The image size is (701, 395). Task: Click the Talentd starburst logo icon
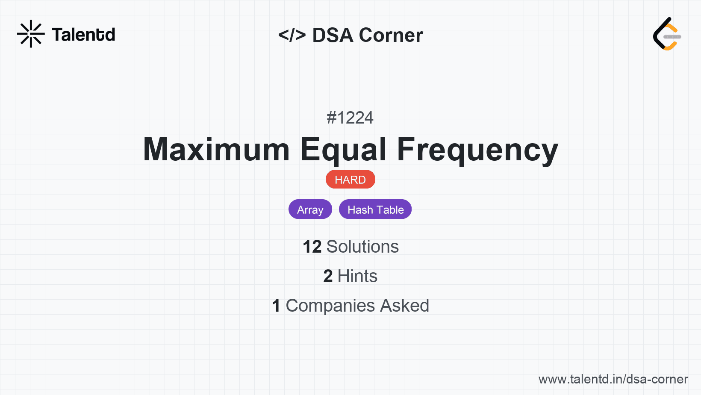click(x=31, y=34)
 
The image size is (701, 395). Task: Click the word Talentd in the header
click(x=83, y=35)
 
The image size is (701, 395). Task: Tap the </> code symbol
click(x=292, y=35)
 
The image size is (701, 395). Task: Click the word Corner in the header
click(x=391, y=35)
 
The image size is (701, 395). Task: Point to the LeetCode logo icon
click(x=667, y=34)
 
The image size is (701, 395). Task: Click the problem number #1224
click(x=350, y=118)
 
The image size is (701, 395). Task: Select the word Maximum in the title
click(x=216, y=150)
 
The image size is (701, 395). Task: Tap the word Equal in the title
click(x=344, y=150)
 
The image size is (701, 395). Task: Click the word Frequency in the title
click(x=477, y=150)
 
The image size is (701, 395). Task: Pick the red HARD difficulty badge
click(x=350, y=180)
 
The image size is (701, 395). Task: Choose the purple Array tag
click(x=310, y=209)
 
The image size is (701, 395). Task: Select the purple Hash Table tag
click(x=375, y=209)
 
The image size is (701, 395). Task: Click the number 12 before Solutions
click(x=312, y=247)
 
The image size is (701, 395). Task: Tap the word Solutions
click(x=362, y=247)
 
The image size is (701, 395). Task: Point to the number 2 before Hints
click(x=328, y=276)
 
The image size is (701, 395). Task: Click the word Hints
click(x=357, y=276)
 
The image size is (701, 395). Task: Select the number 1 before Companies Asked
click(x=276, y=306)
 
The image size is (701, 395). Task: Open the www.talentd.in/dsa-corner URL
click(x=613, y=379)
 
